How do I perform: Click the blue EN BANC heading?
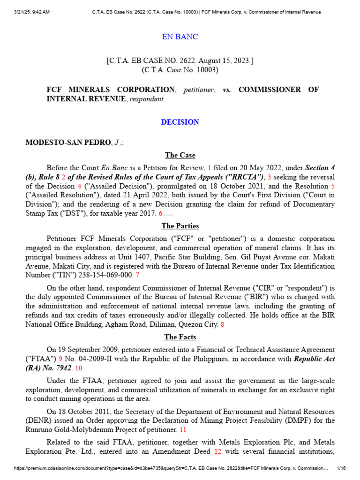coord(180,37)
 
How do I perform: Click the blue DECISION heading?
coord(180,122)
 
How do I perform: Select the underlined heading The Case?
coord(180,155)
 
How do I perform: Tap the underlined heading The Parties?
coord(180,226)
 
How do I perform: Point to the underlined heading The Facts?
coord(180,337)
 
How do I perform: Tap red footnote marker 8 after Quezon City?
coord(222,324)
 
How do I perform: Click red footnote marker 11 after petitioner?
coord(183,429)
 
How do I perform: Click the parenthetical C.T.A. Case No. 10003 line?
coord(180,70)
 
